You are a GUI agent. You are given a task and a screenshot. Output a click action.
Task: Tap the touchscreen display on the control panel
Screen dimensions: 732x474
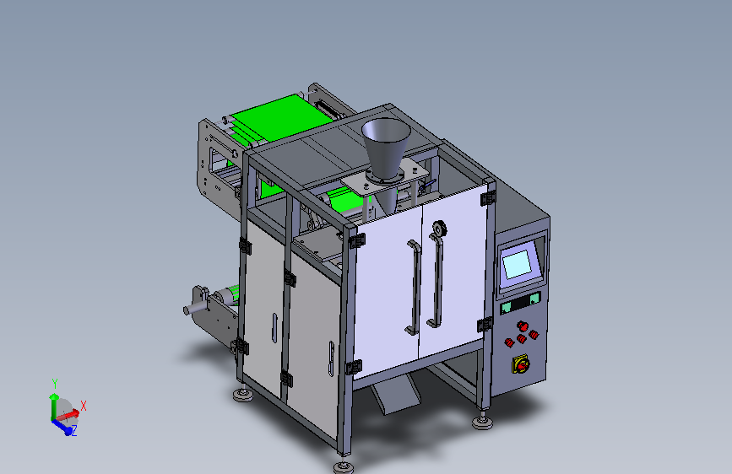517,264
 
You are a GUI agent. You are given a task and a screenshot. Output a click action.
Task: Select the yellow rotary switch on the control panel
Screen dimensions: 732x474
521,365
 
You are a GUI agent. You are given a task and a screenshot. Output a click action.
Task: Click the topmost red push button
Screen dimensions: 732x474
523,326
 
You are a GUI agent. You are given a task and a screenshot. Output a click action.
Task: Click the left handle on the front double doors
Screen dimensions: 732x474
413,288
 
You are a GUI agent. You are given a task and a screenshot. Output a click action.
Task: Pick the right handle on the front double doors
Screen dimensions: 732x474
435,280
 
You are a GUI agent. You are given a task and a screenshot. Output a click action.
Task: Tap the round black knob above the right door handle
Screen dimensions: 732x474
439,229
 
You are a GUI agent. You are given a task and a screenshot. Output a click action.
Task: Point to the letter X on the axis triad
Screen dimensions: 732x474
84,406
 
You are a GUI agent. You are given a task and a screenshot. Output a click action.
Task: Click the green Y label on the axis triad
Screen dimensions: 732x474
55,384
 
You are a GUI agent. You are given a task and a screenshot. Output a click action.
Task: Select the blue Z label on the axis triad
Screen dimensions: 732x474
73,431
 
